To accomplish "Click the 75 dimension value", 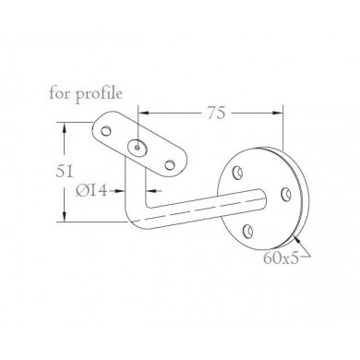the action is tap(216, 113).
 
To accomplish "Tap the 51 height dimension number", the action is tap(65, 171).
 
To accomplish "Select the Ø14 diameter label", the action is tap(92, 191).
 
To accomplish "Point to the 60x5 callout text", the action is tap(281, 258).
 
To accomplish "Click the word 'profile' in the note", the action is tap(99, 94).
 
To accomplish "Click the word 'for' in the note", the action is tap(60, 92).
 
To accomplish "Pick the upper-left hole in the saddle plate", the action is tap(106, 131).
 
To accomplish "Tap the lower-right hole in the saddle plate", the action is tap(169, 165).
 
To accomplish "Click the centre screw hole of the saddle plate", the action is tap(138, 148).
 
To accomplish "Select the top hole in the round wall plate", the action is tap(237, 173).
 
